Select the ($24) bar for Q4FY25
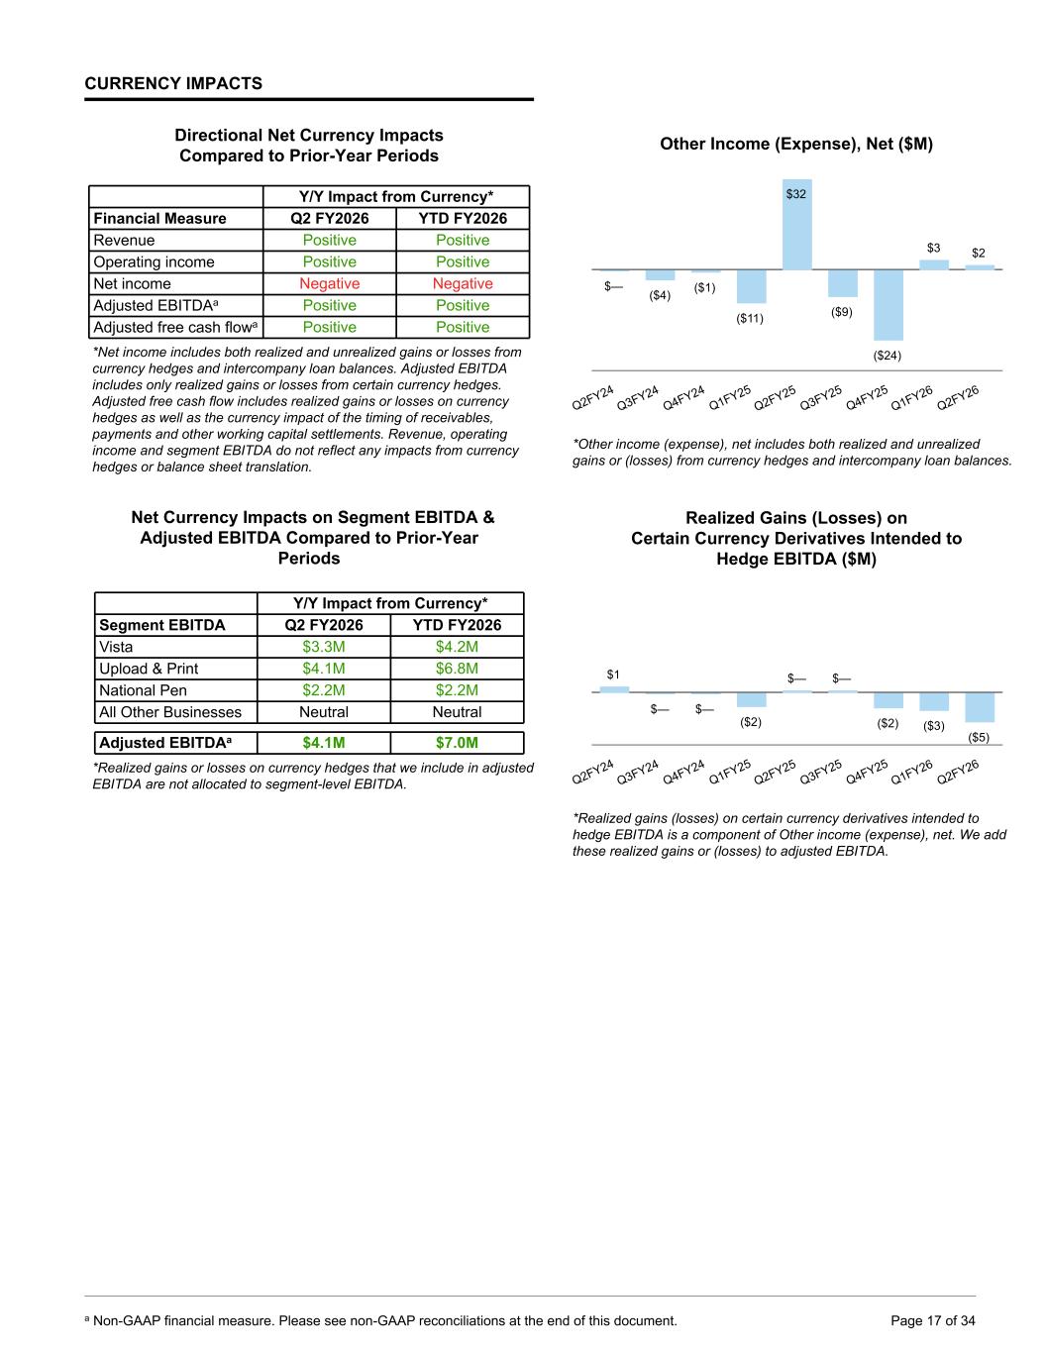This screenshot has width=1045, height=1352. point(888,305)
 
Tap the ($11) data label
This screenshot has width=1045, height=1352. point(750,319)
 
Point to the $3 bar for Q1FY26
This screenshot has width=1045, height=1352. point(934,264)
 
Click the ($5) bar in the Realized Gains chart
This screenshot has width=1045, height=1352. point(980,707)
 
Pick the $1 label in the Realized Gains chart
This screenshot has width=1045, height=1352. point(613,676)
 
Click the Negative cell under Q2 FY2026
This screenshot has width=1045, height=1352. point(329,284)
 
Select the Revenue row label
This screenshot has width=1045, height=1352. point(124,241)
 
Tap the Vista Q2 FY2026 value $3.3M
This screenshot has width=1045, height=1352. point(324,647)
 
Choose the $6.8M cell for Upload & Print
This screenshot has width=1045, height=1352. point(457,669)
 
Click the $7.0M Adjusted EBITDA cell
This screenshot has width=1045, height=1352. point(457,743)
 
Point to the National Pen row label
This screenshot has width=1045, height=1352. point(143,690)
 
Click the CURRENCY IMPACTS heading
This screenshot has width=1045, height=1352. point(173,83)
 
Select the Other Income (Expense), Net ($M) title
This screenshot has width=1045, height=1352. point(796,145)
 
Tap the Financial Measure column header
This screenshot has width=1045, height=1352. point(159,219)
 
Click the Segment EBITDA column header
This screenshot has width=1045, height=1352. point(161,625)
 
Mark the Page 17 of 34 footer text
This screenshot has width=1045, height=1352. point(933,1320)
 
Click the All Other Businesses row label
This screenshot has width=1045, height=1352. point(170,712)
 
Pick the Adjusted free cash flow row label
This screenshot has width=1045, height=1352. point(175,328)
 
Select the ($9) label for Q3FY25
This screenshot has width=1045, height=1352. point(841,313)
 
